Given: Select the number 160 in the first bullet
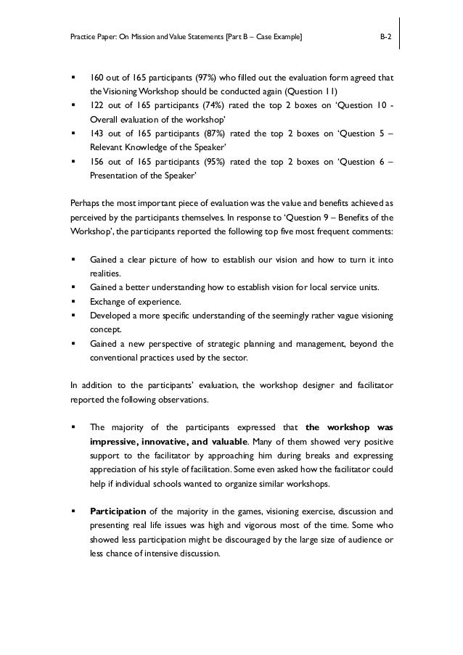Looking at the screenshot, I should [98, 78].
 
